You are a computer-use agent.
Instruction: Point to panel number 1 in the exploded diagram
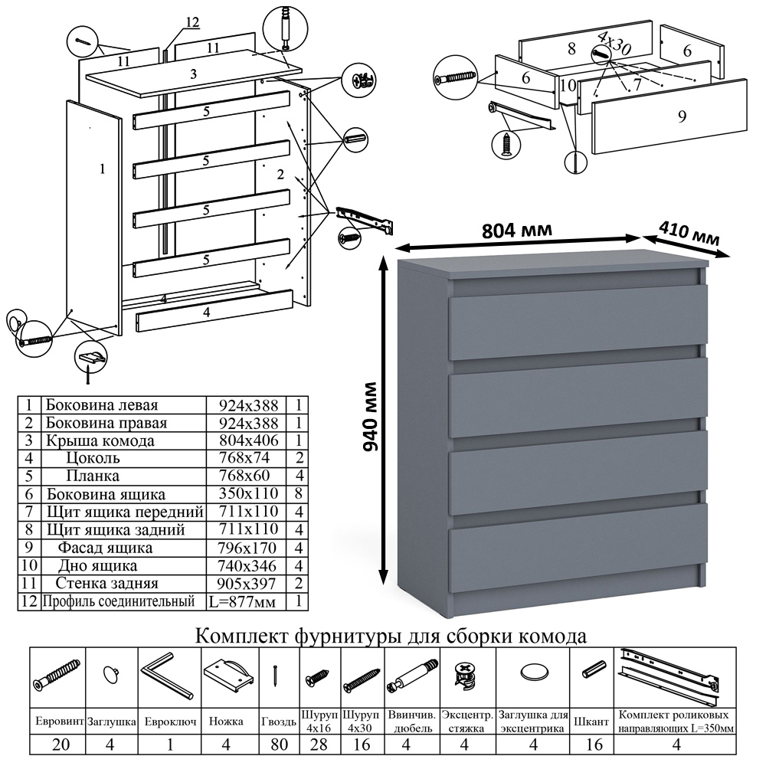coord(102,169)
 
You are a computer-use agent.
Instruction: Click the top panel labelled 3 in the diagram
coord(194,74)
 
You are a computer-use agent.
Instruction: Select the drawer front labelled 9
coord(670,116)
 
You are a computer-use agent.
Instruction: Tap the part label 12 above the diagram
coord(191,22)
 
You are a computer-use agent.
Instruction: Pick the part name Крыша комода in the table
coord(100,440)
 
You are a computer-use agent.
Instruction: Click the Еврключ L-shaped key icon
coord(166,674)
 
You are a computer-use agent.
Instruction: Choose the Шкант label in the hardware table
coord(591,721)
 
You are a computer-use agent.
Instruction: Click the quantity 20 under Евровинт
coord(57,745)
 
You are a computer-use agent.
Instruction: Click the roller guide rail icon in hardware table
coord(671,676)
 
